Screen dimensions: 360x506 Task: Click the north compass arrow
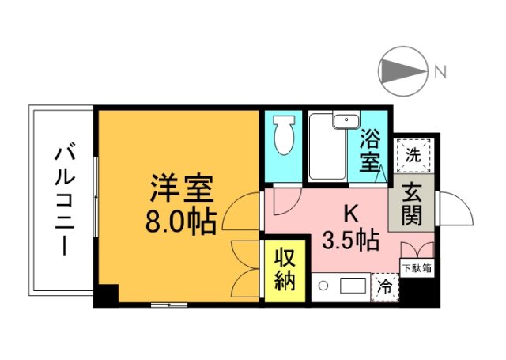(x=403, y=71)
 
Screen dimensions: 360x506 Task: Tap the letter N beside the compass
(x=440, y=72)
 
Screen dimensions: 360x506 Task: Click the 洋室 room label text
(x=181, y=191)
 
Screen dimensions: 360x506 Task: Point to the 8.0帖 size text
(x=181, y=223)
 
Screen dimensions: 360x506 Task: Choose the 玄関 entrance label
(x=412, y=203)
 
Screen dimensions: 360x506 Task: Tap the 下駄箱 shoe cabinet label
(x=416, y=267)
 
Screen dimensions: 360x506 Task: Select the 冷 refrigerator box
(x=385, y=286)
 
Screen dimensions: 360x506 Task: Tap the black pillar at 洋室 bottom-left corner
(x=106, y=295)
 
